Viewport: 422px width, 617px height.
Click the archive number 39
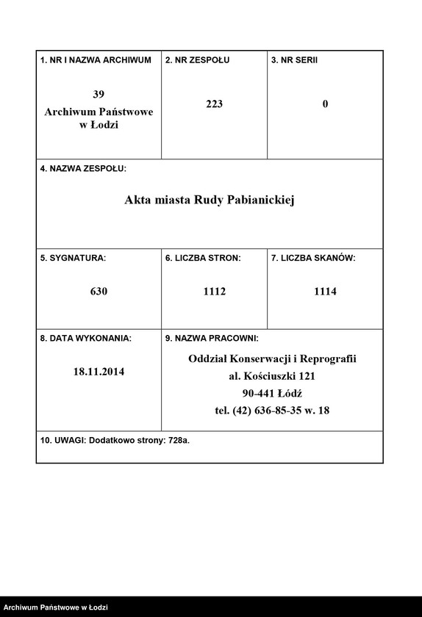point(99,94)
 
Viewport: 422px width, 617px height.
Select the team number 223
point(214,104)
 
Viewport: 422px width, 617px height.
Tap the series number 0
point(325,104)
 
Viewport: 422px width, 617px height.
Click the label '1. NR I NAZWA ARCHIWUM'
point(96,60)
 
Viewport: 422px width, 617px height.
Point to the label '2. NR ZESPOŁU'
point(197,60)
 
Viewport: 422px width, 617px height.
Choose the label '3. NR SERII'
point(295,60)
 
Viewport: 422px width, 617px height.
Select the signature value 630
point(99,292)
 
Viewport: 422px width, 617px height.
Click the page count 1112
point(214,292)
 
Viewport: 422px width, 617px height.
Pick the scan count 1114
point(325,292)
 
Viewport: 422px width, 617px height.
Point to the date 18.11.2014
point(99,372)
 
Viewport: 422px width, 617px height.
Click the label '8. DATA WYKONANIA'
point(86,339)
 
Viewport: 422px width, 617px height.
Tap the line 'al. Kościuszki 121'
point(272,376)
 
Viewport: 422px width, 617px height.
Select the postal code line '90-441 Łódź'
point(272,393)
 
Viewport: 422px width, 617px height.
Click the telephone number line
point(272,411)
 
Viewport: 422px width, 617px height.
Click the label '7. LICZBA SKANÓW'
point(313,259)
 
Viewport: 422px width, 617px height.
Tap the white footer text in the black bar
point(54,607)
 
